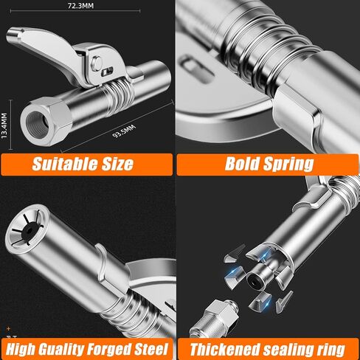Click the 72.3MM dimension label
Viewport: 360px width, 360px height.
pyautogui.click(x=80, y=6)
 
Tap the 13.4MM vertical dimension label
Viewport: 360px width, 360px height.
pyautogui.click(x=4, y=125)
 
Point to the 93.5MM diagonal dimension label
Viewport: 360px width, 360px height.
pyautogui.click(x=124, y=131)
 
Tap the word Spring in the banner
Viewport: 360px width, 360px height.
pyautogui.click(x=288, y=165)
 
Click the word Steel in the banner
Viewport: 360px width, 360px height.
pyautogui.click(x=152, y=349)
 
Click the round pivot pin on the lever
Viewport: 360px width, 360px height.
pyautogui.click(x=97, y=63)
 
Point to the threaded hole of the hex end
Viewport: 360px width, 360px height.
pyautogui.click(x=38, y=124)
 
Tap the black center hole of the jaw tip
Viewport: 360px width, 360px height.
pyautogui.click(x=30, y=231)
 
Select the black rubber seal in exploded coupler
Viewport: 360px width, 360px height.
pyautogui.click(x=255, y=281)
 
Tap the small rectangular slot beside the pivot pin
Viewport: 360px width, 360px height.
pyautogui.click(x=107, y=72)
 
